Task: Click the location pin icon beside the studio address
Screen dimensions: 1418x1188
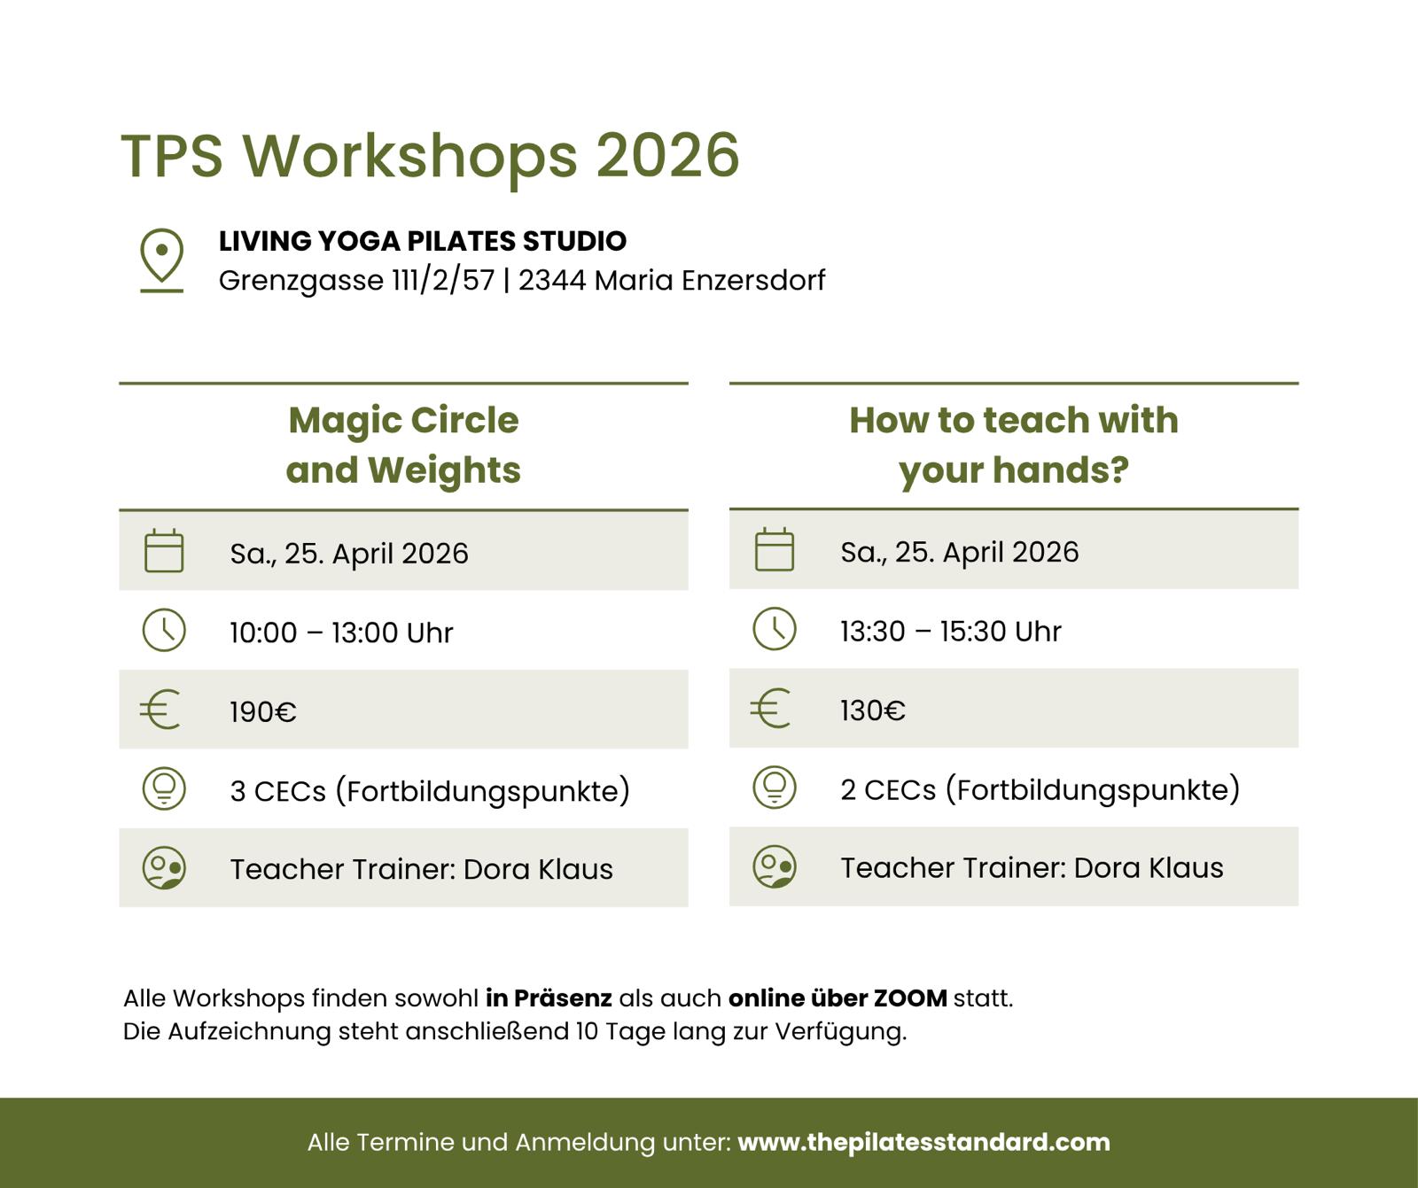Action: [x=161, y=260]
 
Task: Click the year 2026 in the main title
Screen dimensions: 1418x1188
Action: [x=667, y=156]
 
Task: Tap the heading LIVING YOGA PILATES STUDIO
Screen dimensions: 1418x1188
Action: [x=423, y=241]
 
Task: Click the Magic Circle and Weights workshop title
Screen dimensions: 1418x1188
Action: [x=403, y=445]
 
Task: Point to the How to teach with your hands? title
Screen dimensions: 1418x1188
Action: [x=1014, y=445]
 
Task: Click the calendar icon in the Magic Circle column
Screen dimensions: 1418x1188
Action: [x=164, y=550]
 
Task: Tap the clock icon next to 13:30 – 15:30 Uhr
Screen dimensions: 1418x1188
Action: [x=775, y=629]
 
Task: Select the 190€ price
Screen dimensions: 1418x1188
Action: [x=263, y=711]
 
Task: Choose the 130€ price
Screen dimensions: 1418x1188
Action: [x=873, y=710]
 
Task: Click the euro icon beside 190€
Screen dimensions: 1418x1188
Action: [x=160, y=710]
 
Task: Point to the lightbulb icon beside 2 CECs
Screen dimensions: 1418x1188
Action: [x=775, y=788]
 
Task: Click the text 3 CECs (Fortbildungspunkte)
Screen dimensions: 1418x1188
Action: [x=430, y=791]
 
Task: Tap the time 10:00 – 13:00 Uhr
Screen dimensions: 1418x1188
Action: [x=341, y=633]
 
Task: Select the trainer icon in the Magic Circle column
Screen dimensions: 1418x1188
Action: [x=164, y=868]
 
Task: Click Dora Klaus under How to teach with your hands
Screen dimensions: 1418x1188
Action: [x=1149, y=867]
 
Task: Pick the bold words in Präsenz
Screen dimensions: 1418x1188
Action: [x=549, y=998]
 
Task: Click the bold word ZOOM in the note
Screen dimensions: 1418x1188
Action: [x=910, y=998]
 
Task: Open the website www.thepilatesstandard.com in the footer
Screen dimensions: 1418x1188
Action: [x=923, y=1142]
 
